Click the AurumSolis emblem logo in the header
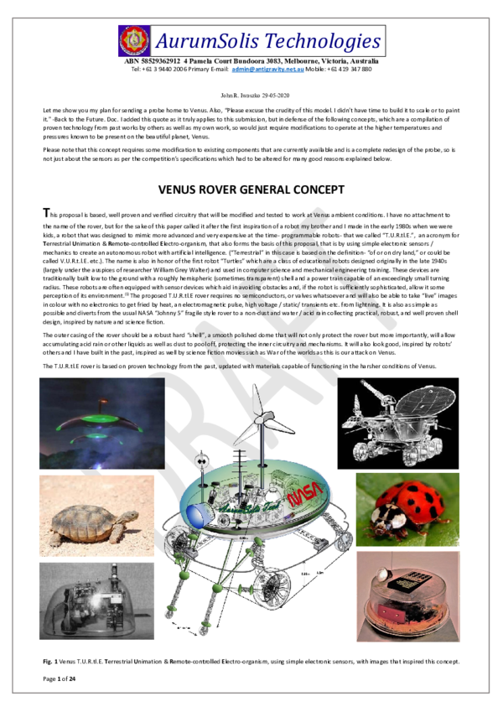point(135,40)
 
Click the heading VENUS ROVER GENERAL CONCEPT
point(251,189)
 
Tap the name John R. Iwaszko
point(237,97)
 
